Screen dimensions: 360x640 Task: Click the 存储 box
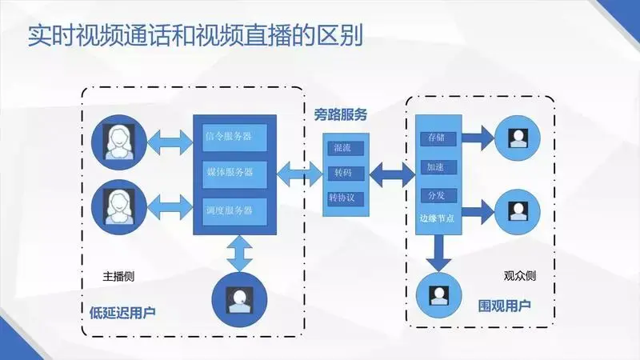[x=437, y=138]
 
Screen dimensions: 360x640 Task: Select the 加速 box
[x=437, y=167]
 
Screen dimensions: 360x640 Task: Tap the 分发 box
[x=437, y=195]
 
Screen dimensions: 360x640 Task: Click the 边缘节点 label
[x=437, y=218]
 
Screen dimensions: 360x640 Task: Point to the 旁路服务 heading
[x=341, y=114]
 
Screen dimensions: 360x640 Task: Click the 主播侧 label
[x=118, y=276]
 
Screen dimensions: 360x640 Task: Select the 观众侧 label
[x=519, y=276]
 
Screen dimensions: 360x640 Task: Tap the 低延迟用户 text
[x=119, y=311]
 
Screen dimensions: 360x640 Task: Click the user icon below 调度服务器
[x=238, y=298]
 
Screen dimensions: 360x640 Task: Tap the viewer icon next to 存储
[x=518, y=137]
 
